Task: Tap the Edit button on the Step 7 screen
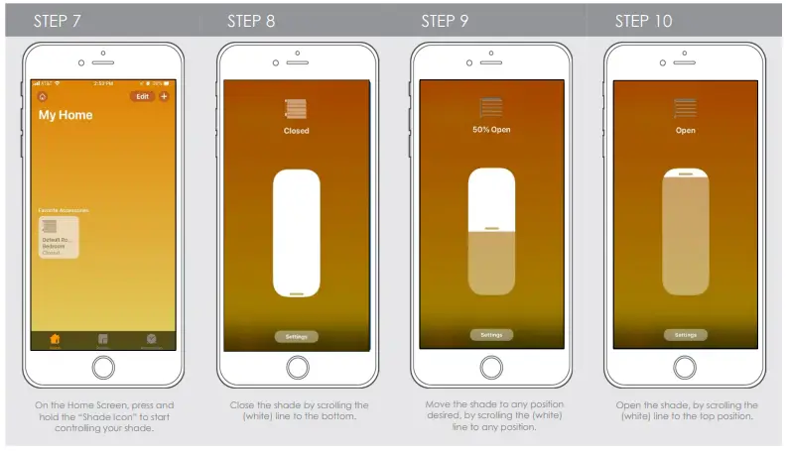[x=142, y=96]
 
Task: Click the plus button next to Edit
[x=164, y=96]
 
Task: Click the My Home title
[x=65, y=115]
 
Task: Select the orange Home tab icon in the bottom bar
[x=56, y=339]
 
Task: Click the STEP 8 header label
[x=251, y=21]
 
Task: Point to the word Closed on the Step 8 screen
[x=296, y=131]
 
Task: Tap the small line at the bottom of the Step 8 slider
[x=296, y=293]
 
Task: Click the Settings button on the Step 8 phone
[x=296, y=336]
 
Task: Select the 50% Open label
[x=490, y=130]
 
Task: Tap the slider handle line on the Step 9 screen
[x=491, y=229]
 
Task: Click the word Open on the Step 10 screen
[x=685, y=130]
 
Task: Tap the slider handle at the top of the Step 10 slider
[x=685, y=173]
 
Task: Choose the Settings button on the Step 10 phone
[x=685, y=335]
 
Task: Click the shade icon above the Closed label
[x=296, y=109]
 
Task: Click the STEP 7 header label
[x=57, y=21]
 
